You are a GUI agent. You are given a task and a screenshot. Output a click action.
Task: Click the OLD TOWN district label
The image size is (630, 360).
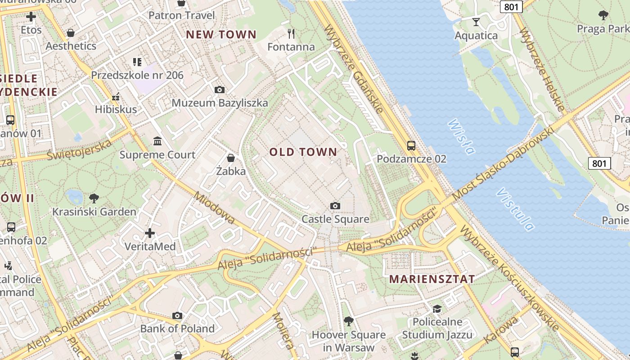[303, 152]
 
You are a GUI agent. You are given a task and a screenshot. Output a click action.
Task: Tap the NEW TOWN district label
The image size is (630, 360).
[221, 35]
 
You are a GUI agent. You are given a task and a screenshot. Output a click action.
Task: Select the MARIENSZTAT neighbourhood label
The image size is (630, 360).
[432, 279]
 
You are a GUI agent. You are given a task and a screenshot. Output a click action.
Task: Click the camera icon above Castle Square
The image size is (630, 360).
[335, 206]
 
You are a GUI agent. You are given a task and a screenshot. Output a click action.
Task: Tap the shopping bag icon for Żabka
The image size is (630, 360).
[231, 158]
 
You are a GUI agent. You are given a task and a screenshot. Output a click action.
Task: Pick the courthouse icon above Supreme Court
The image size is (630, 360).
[157, 141]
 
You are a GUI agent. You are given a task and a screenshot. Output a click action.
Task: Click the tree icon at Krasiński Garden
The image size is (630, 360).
[94, 198]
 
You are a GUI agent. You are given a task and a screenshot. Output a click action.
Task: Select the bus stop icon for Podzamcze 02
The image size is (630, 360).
[411, 145]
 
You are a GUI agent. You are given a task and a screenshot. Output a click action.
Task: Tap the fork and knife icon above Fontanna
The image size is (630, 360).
[291, 33]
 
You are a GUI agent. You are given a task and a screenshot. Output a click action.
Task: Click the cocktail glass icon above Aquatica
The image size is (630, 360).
[476, 22]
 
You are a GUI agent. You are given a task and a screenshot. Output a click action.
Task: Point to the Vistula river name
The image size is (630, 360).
[515, 209]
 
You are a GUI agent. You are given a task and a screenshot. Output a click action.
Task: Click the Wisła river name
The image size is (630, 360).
[462, 136]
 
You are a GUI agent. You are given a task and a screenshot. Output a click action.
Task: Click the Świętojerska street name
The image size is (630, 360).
[79, 150]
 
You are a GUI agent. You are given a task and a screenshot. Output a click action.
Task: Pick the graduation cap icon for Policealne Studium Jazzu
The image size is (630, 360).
[437, 309]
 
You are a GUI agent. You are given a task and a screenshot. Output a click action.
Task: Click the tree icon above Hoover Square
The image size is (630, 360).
[348, 321]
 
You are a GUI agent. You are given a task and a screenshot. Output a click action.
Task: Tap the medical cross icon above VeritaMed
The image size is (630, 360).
[150, 233]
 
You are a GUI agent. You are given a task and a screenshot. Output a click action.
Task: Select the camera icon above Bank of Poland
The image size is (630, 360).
[177, 315]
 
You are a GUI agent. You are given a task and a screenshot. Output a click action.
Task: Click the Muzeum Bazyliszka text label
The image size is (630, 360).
[220, 103]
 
